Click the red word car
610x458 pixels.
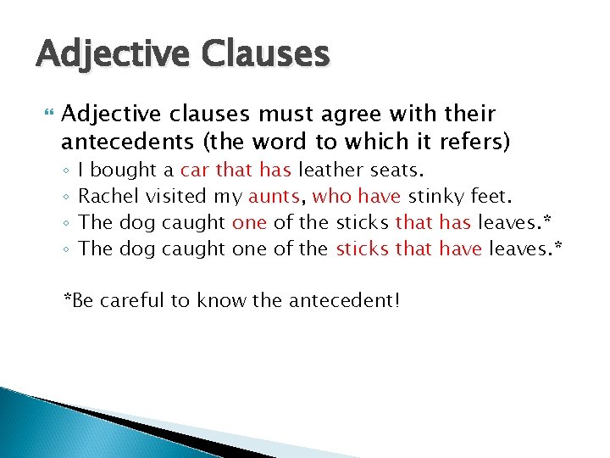pos(195,170)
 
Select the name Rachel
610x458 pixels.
pos(109,197)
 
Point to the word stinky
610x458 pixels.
pos(435,197)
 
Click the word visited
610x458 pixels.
pos(176,197)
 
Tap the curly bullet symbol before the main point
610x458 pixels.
pos(47,114)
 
